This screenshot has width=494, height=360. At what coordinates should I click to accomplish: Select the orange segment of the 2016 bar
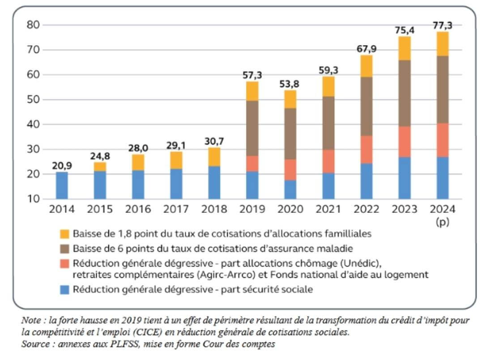pyautogui.click(x=138, y=162)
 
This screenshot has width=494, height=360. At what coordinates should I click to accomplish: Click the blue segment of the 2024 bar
pyautogui.click(x=442, y=178)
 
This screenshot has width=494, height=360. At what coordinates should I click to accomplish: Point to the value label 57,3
pyautogui.click(x=252, y=76)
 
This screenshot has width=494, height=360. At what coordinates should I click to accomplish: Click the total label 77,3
pyautogui.click(x=443, y=25)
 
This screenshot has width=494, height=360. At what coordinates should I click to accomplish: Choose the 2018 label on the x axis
pyautogui.click(x=214, y=209)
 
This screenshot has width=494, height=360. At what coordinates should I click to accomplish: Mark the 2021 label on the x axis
pyautogui.click(x=328, y=209)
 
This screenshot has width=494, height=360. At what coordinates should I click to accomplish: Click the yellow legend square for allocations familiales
pyautogui.click(x=64, y=234)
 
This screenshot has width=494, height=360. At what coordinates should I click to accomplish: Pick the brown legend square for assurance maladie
pyautogui.click(x=64, y=248)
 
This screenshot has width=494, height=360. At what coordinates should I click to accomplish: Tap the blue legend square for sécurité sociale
pyautogui.click(x=64, y=290)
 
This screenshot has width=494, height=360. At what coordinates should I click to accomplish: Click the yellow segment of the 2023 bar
pyautogui.click(x=404, y=48)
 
